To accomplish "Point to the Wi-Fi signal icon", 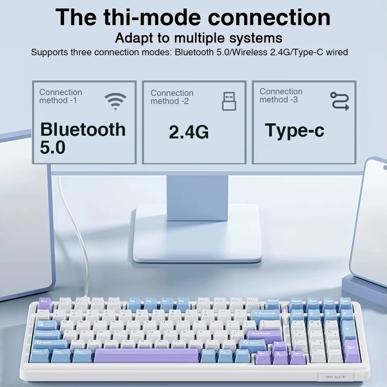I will click(115, 101).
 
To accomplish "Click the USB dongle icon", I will click(229, 101).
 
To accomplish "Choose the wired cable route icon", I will click(339, 101).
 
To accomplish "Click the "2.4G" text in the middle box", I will click(189, 132).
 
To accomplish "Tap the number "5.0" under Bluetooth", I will click(52, 148).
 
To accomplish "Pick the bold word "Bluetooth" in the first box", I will click(83, 129).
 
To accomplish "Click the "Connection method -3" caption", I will click(281, 96).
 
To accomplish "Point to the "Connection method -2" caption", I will click(172, 97).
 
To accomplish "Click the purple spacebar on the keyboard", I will click(147, 355).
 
